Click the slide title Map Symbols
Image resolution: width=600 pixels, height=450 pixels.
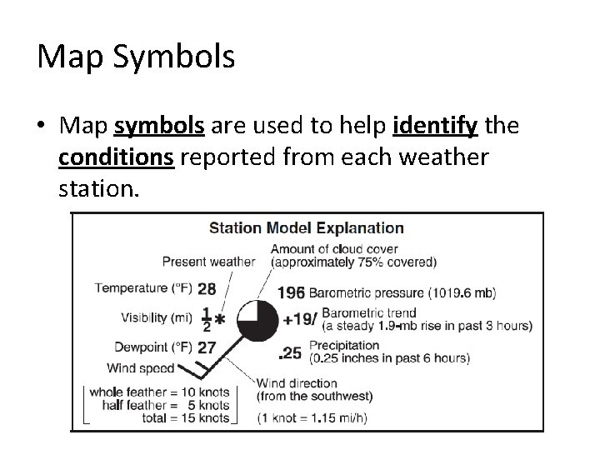click(x=136, y=57)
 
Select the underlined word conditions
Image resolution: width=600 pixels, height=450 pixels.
click(x=117, y=158)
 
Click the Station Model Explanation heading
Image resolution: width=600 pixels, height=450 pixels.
click(x=306, y=227)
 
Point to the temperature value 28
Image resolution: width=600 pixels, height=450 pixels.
click(x=207, y=289)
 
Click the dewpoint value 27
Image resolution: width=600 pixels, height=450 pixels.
click(x=207, y=347)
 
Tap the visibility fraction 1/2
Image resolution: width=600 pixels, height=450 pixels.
click(x=206, y=319)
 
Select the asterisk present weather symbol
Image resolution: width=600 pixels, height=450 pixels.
click(x=220, y=319)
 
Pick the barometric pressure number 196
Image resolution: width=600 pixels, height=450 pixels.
click(x=291, y=292)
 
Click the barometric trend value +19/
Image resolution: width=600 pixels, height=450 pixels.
click(x=298, y=319)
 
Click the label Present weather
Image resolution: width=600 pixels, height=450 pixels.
click(x=208, y=262)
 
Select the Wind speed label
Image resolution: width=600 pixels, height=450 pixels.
click(x=140, y=367)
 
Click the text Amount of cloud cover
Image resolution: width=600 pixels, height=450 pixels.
click(x=334, y=248)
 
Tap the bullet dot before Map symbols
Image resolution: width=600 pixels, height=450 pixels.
click(x=42, y=127)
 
